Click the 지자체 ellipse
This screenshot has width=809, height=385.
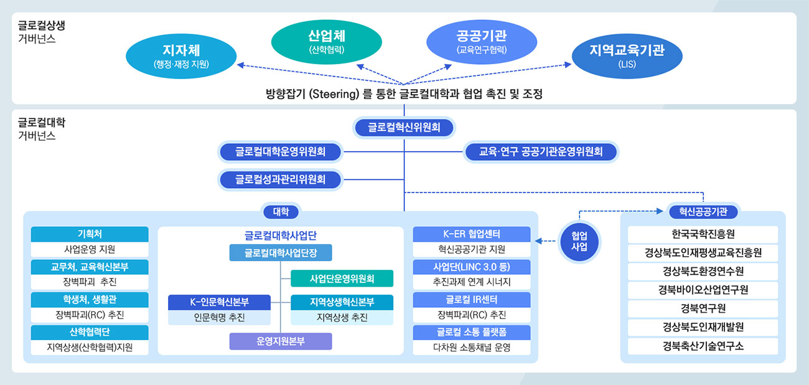point(181,56)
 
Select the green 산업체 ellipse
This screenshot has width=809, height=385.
point(327,42)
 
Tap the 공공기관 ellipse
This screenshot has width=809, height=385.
point(482,42)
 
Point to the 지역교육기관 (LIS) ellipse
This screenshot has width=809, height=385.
point(627,56)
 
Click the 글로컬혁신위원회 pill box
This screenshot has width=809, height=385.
point(404,127)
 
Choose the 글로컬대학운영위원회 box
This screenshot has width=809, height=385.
point(280,151)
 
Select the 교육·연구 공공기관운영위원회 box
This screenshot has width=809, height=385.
point(541,151)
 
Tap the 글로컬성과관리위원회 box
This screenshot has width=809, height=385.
point(280,179)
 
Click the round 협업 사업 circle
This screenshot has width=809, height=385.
point(579,242)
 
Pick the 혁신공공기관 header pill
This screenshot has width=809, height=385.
point(703,211)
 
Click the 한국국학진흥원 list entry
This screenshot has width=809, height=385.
point(703,234)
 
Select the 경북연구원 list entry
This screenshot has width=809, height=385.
point(703,308)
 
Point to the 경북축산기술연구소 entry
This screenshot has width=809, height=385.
point(703,346)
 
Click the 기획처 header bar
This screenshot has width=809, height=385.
point(90,234)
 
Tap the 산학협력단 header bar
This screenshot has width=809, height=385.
point(90,332)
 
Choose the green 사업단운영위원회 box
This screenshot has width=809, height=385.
point(342,278)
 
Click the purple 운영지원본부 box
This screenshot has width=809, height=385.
point(281,341)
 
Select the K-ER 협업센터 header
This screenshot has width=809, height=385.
point(471,234)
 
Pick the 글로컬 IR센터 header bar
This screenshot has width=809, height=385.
point(471,300)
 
